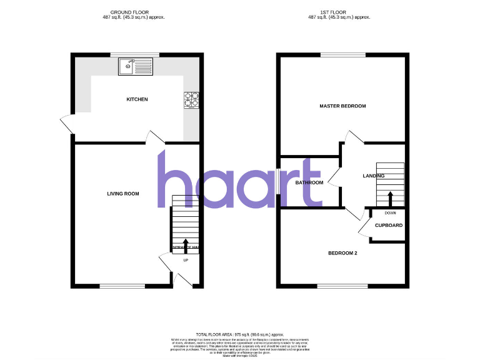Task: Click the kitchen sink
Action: click(x=136, y=66)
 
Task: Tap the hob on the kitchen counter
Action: click(x=191, y=100)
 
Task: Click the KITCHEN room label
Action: click(x=137, y=100)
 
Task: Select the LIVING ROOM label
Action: click(x=122, y=194)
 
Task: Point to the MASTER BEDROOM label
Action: click(x=342, y=106)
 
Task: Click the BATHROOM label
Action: click(x=309, y=182)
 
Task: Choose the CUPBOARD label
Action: click(x=389, y=226)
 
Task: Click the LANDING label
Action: click(x=374, y=176)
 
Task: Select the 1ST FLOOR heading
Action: click(x=344, y=12)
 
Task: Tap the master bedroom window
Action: click(x=342, y=55)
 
